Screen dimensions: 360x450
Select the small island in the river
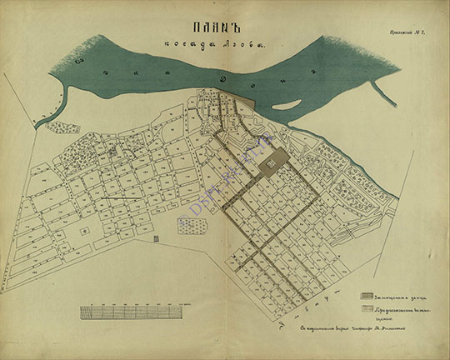286,105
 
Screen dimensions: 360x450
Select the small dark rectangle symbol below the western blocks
157,239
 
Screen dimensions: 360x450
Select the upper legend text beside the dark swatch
392,296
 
